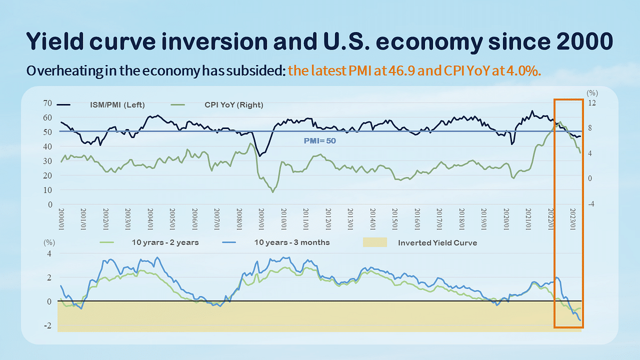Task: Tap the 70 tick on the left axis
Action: pos(47,103)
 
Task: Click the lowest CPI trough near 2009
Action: pos(273,191)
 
